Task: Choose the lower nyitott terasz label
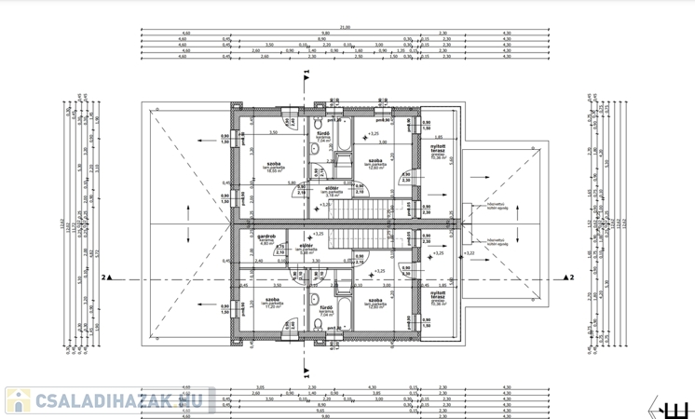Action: [437, 297]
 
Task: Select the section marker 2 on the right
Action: [571, 277]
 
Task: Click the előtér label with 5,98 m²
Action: [310, 248]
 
